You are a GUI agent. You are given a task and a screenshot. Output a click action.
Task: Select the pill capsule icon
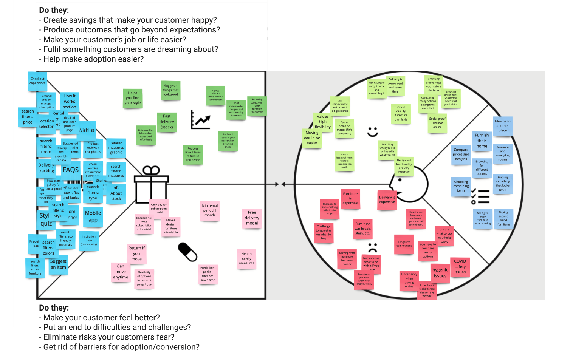tap(187, 252)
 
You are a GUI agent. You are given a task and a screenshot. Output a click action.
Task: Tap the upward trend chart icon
tap(200, 120)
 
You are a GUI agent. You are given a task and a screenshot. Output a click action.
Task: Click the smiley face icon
tap(373, 132)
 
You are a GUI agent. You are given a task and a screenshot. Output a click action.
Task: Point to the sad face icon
tap(373, 248)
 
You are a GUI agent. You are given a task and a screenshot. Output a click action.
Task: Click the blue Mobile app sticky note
tap(93, 216)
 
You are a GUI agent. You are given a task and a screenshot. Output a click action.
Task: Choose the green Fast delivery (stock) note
tap(167, 122)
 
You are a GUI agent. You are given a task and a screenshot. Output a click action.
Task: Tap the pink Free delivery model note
tap(252, 218)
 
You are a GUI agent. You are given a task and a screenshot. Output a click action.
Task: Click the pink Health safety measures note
tap(246, 259)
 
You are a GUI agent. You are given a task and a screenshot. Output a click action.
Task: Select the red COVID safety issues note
tap(460, 267)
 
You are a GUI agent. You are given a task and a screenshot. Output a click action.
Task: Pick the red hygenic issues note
tap(440, 273)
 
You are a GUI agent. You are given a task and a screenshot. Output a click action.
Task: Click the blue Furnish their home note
tap(482, 141)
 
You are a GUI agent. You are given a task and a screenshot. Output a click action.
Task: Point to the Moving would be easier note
tap(312, 138)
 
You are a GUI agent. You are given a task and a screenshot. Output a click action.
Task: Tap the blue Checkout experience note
tap(37, 81)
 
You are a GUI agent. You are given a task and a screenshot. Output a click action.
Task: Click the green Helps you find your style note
tap(133, 98)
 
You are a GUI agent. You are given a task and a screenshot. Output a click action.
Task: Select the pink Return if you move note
tap(136, 253)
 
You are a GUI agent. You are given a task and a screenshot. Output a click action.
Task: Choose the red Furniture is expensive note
tap(350, 198)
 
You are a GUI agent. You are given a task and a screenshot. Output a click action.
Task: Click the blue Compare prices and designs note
tap(461, 155)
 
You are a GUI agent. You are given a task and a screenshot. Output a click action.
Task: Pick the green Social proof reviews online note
tap(437, 123)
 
